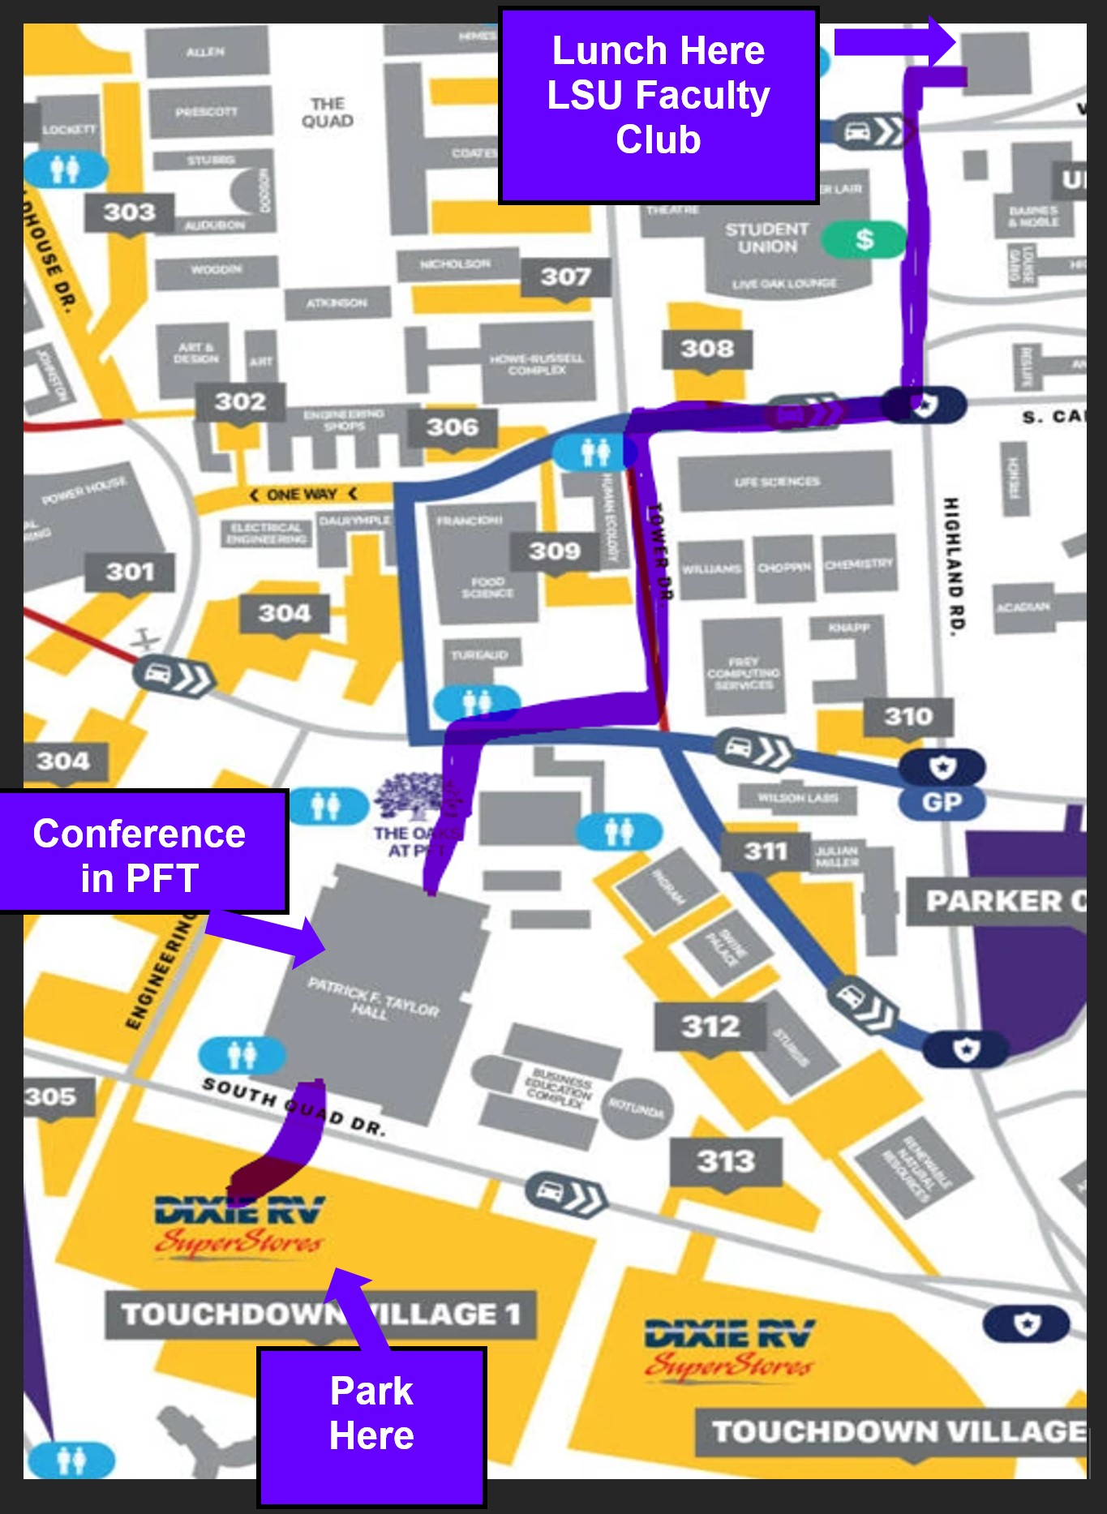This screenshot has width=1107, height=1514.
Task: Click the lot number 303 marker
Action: point(130,212)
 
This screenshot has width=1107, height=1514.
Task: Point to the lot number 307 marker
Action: point(565,277)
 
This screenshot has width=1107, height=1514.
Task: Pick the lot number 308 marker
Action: point(707,350)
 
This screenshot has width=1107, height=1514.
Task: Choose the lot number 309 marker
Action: point(555,552)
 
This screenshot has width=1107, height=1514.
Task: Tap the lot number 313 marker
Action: point(726,1162)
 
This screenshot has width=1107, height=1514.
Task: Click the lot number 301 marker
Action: point(130,573)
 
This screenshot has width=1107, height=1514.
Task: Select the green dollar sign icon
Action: point(864,239)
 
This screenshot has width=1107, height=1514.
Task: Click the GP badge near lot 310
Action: point(942,802)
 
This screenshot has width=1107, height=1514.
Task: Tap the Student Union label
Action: point(766,238)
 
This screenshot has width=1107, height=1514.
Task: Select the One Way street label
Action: point(302,495)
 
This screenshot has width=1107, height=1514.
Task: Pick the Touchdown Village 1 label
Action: point(320,1315)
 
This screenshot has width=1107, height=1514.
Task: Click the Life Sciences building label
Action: point(777,482)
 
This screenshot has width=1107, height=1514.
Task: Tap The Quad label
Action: point(328,113)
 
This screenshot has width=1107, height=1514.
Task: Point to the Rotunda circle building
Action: point(637,1109)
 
